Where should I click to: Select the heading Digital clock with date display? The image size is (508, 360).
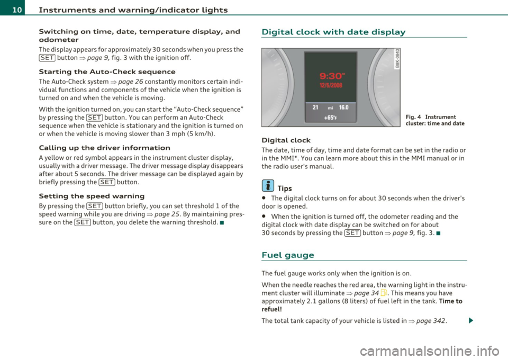point(333,32)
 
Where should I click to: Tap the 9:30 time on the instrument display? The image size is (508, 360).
point(331,76)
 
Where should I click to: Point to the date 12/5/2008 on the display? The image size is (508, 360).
point(331,85)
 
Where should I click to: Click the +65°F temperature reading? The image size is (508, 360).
point(330,118)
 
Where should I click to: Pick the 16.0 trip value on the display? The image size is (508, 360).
point(344,107)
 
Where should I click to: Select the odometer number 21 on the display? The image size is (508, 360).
point(315,107)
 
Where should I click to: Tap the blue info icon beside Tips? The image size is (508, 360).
point(268,186)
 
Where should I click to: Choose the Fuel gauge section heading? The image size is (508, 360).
point(288,255)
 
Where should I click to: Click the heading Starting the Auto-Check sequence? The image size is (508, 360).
point(107,71)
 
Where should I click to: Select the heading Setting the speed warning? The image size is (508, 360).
point(92,196)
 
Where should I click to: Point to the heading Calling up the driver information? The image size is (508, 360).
point(104,148)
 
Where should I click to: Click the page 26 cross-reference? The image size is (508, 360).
point(131,82)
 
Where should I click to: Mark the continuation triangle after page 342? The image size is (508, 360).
point(470,321)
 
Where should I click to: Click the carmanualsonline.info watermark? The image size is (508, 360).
point(430,350)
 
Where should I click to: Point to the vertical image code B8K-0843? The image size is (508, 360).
point(397,59)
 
